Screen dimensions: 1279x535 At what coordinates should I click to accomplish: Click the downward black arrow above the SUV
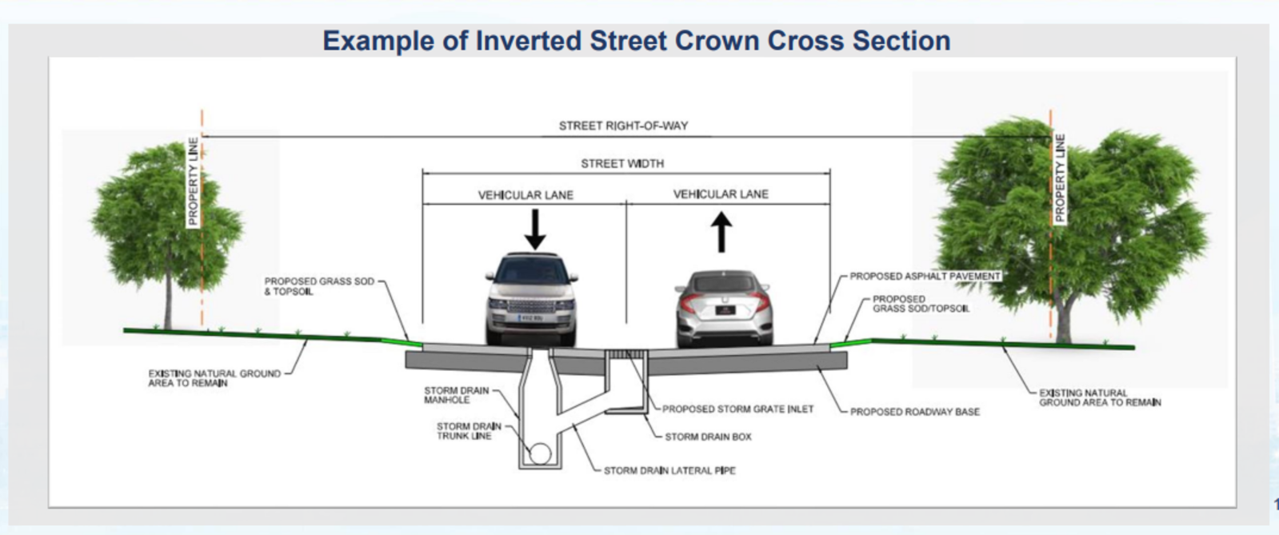tap(535, 230)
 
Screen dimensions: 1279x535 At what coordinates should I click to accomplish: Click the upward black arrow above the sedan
tap(721, 233)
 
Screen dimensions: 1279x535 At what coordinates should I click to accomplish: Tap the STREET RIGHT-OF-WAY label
tap(623, 126)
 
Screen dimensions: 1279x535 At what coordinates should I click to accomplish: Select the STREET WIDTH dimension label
tap(622, 164)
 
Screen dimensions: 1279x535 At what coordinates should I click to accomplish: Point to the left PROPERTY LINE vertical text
tap(193, 181)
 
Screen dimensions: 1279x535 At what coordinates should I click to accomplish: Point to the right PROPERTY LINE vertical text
tap(1060, 178)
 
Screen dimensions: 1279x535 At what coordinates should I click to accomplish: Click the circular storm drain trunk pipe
tap(540, 454)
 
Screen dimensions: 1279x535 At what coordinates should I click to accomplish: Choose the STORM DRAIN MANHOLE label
tap(456, 395)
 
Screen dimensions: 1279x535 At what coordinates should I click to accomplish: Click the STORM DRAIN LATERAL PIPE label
tap(669, 470)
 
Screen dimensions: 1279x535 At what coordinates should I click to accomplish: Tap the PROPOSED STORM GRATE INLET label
tap(737, 409)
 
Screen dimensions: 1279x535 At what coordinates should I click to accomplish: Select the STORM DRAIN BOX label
tap(708, 437)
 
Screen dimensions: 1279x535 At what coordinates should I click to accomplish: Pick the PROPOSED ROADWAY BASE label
tap(915, 412)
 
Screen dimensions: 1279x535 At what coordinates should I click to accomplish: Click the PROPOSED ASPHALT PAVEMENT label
tap(925, 277)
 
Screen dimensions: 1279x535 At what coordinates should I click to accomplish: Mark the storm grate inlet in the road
tap(626, 354)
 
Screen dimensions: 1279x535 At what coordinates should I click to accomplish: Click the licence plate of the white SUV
tap(530, 317)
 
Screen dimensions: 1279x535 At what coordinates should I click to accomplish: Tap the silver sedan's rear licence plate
tap(725, 310)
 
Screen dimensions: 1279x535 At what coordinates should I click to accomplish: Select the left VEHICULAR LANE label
tap(526, 195)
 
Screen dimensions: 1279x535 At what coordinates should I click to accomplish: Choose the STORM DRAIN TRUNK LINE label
tap(469, 431)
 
